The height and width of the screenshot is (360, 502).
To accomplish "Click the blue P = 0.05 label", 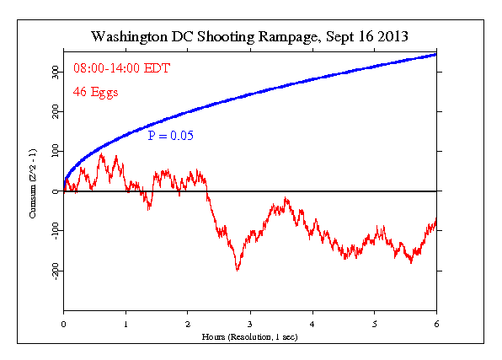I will (x=172, y=136).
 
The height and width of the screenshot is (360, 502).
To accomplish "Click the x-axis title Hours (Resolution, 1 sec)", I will (x=250, y=336).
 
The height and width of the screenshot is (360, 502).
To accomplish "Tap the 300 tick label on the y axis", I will (x=53, y=73).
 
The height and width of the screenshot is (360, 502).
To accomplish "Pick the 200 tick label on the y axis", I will (x=53, y=112).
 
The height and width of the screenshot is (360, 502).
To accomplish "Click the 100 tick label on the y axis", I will (x=53, y=152).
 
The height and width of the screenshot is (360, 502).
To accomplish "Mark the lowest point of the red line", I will (x=238, y=270).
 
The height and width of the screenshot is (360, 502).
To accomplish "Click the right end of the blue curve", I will (x=436, y=54).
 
